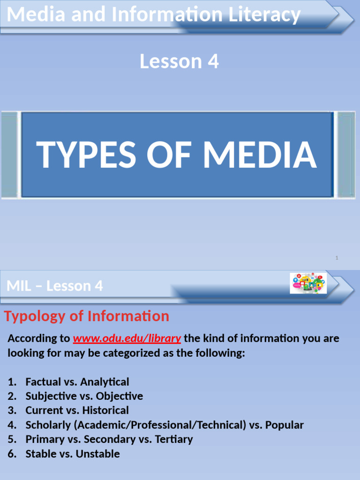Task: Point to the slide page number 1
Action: (x=337, y=258)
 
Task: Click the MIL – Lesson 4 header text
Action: (x=55, y=286)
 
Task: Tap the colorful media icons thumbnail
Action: (x=308, y=283)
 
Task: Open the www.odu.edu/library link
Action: (x=126, y=338)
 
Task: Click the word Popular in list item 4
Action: (x=285, y=425)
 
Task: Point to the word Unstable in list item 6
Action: (x=97, y=454)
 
